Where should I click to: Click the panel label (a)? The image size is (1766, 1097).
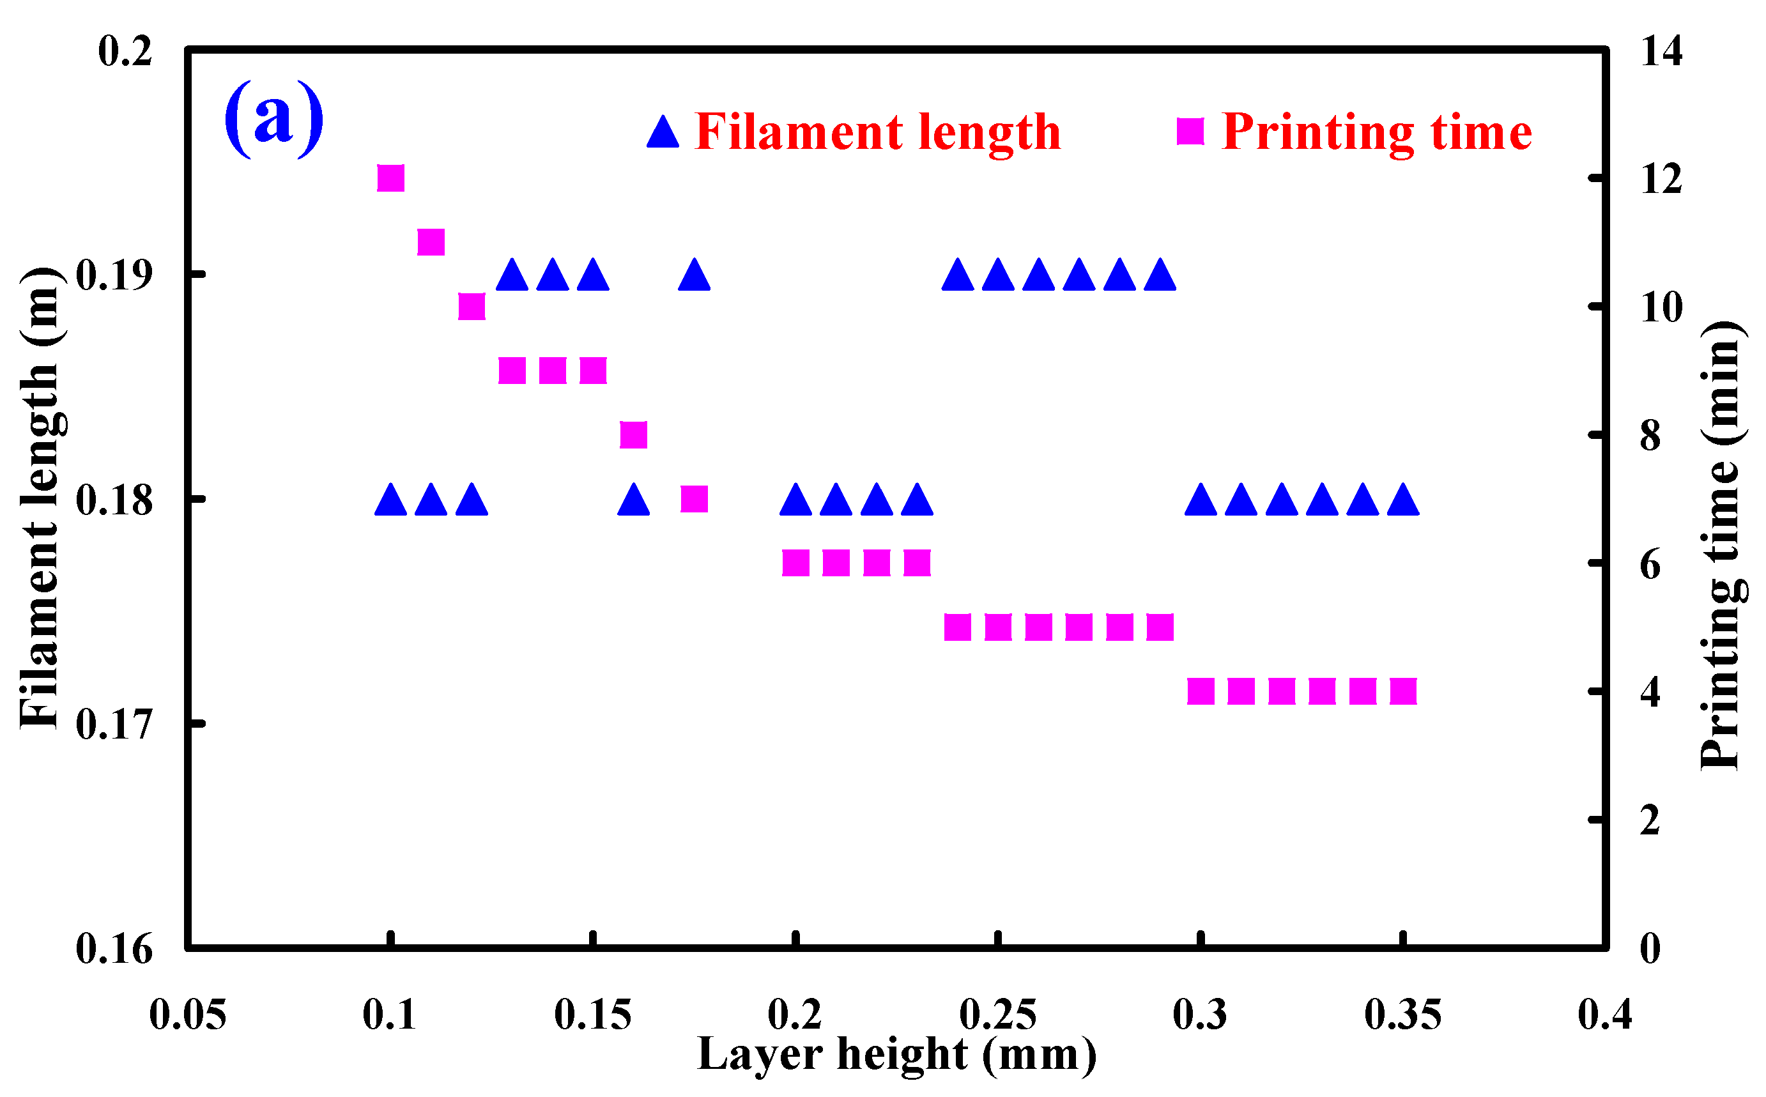point(274,118)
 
